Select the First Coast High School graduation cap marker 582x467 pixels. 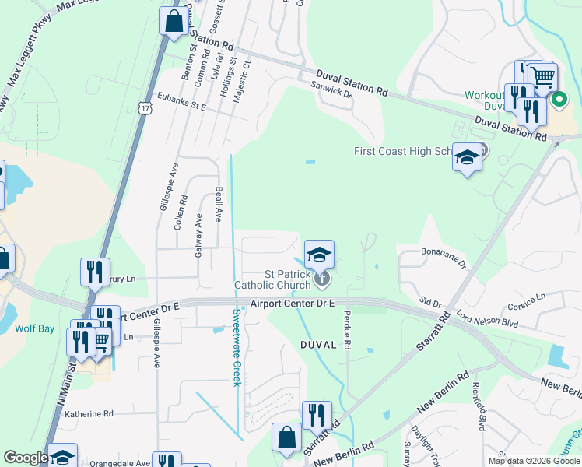click(466, 159)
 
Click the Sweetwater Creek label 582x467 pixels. click(237, 347)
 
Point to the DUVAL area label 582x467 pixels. click(317, 344)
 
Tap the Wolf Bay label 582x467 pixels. click(34, 328)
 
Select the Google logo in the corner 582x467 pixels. click(26, 458)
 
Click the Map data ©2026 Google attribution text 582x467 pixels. click(534, 461)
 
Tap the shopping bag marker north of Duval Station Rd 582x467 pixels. click(173, 22)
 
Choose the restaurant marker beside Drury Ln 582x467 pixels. click(95, 272)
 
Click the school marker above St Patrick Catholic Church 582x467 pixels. click(319, 255)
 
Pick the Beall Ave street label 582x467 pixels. click(219, 205)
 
